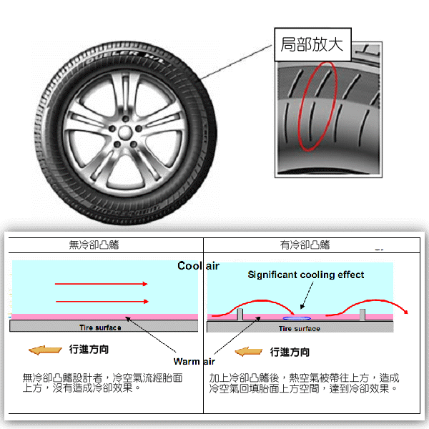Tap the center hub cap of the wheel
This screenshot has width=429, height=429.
click(124, 133)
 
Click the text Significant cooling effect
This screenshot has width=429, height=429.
click(306, 275)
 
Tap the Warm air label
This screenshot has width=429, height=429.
click(194, 361)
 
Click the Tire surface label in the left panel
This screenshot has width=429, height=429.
click(100, 327)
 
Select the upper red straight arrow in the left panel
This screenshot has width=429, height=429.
click(102, 284)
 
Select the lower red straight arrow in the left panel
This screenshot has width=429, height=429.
click(102, 301)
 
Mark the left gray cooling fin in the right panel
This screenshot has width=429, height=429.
click(240, 315)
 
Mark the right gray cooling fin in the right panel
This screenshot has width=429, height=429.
click(364, 315)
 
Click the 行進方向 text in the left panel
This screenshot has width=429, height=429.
click(89, 350)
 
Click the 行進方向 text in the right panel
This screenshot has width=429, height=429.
click(290, 352)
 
